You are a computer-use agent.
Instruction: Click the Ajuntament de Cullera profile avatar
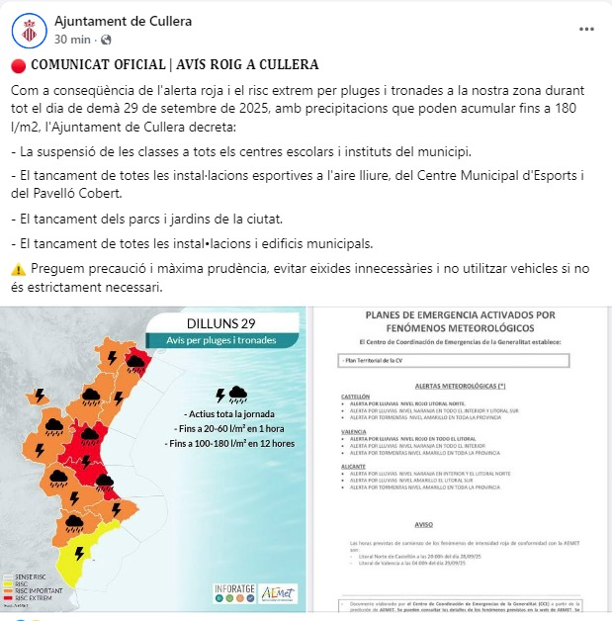[30, 30]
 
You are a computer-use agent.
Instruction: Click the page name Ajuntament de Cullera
[124, 21]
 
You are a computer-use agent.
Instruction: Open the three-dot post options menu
[586, 30]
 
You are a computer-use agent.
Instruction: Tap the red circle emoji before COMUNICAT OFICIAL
[18, 65]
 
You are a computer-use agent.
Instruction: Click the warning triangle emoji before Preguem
[18, 269]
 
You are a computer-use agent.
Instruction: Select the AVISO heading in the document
[424, 525]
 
